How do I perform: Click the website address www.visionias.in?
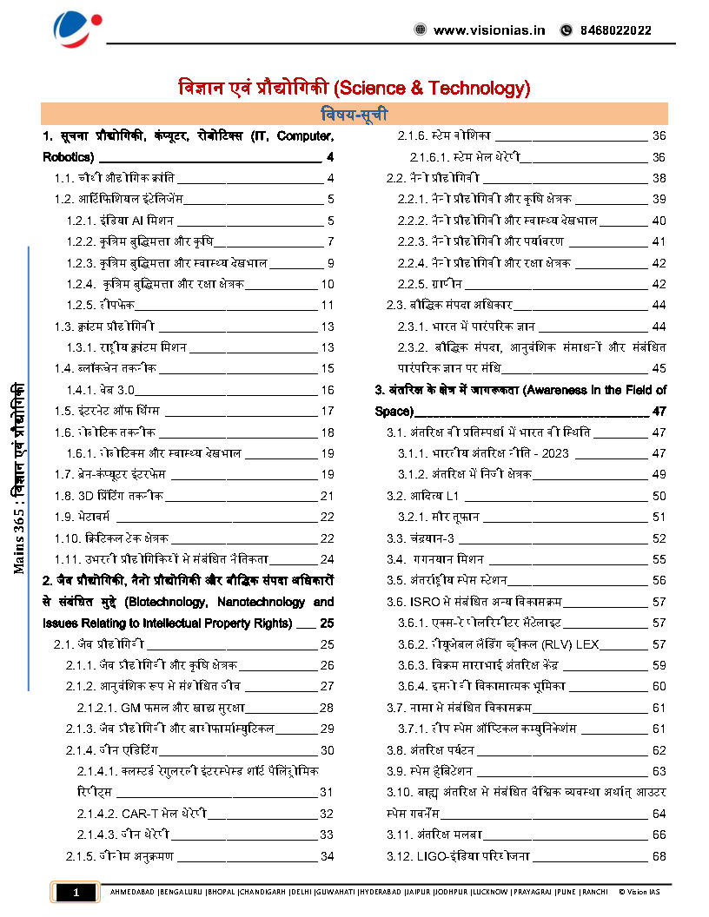pyautogui.click(x=489, y=30)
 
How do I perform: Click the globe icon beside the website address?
pyautogui.click(x=421, y=30)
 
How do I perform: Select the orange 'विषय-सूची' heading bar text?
pyautogui.click(x=354, y=115)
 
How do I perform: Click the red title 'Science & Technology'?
pyautogui.click(x=431, y=88)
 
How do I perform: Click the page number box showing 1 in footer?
pyautogui.click(x=76, y=892)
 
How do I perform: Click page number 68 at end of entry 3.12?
pyautogui.click(x=659, y=857)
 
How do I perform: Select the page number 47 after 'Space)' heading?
pyautogui.click(x=659, y=411)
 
